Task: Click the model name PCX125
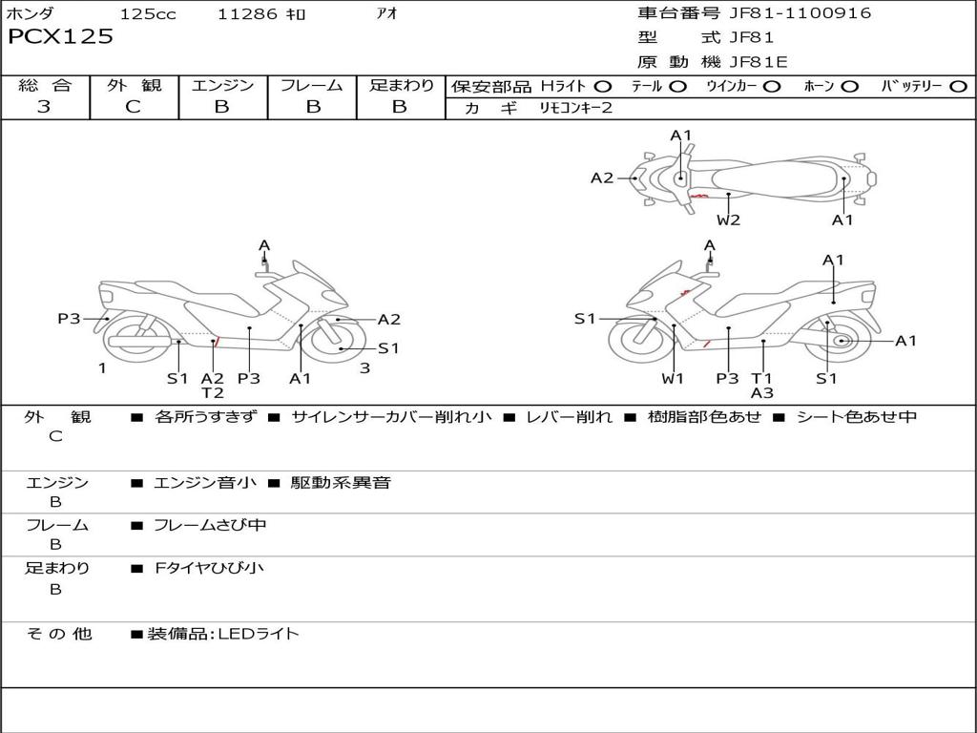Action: pyautogui.click(x=60, y=37)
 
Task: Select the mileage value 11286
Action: pyautogui.click(x=247, y=14)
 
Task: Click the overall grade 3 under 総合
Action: pyautogui.click(x=44, y=107)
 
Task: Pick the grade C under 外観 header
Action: pyautogui.click(x=133, y=107)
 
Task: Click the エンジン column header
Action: pyautogui.click(x=222, y=86)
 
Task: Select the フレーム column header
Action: pyautogui.click(x=312, y=86)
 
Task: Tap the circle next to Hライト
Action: pyautogui.click(x=603, y=87)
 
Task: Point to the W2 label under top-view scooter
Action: pyautogui.click(x=729, y=220)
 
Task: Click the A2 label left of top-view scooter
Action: pyautogui.click(x=602, y=178)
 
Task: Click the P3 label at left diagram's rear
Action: pyautogui.click(x=69, y=319)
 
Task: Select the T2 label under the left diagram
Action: pyautogui.click(x=212, y=393)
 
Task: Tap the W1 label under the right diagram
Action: pyautogui.click(x=674, y=379)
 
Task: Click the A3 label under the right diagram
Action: pyautogui.click(x=761, y=393)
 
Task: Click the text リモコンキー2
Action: pyautogui.click(x=576, y=108)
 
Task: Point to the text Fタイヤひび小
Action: pyautogui.click(x=209, y=569)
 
